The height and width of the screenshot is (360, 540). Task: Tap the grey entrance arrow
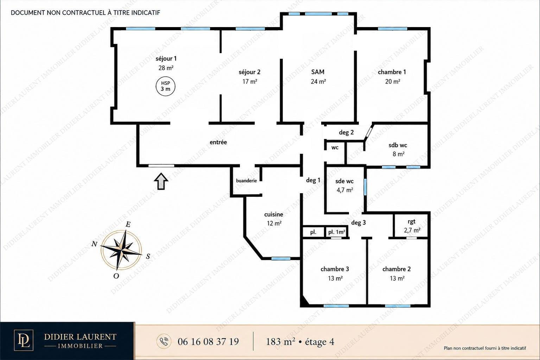click(161, 181)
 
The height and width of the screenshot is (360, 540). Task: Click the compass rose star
click(121, 250)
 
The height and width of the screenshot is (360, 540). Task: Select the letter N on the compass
click(94, 244)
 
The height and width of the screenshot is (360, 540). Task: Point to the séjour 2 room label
click(249, 72)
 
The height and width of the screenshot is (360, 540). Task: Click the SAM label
click(318, 72)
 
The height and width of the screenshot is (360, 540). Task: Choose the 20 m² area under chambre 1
click(393, 82)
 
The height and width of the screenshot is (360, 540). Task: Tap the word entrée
click(218, 142)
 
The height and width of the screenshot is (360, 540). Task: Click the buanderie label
click(246, 181)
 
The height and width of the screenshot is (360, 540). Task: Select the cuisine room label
click(274, 214)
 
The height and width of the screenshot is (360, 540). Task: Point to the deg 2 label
click(346, 132)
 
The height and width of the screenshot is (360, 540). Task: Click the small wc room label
click(335, 147)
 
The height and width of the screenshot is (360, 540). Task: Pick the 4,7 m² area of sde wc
click(345, 190)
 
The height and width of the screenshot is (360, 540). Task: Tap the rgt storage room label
click(412, 222)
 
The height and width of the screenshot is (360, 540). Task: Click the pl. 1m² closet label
click(337, 232)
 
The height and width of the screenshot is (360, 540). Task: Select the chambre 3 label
click(335, 269)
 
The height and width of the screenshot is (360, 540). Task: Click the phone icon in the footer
click(164, 341)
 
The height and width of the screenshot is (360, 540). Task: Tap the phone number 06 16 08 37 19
click(208, 342)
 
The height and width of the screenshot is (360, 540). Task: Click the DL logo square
click(24, 340)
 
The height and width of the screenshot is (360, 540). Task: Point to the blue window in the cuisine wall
click(281, 259)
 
